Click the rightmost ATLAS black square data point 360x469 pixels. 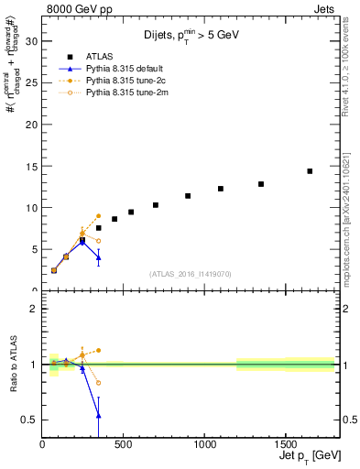pyautogui.click(x=310, y=171)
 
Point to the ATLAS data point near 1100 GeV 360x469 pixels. pyautogui.click(x=221, y=189)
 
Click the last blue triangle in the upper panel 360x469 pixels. pyautogui.click(x=98, y=257)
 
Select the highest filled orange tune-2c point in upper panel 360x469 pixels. pyautogui.click(x=98, y=216)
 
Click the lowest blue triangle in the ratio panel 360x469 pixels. pyautogui.click(x=98, y=416)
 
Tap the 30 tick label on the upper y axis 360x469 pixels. pyautogui.click(x=30, y=41)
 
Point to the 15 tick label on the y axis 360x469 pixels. pyautogui.click(x=30, y=166)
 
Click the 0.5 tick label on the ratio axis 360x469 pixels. pyautogui.click(x=28, y=420)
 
